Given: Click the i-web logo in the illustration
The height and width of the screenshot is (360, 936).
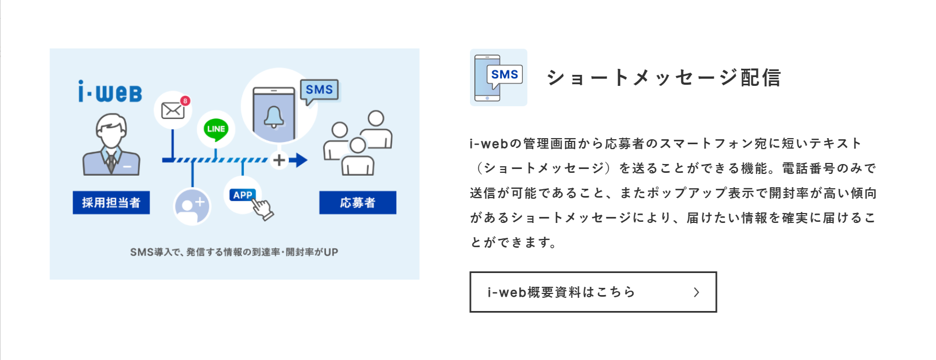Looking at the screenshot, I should tap(110, 92).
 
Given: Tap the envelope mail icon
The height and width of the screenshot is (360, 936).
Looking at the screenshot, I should tap(172, 110).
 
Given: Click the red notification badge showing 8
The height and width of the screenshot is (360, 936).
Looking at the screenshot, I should tap(185, 101).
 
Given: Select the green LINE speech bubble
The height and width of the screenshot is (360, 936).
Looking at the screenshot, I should tap(216, 129).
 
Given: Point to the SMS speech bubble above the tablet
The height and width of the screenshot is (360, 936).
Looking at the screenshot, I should tap(319, 90).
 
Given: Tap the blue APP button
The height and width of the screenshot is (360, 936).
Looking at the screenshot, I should tap(243, 195).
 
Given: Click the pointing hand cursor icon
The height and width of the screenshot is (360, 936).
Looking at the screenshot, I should tap(263, 209).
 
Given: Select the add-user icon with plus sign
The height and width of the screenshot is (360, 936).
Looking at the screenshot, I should tap(192, 206).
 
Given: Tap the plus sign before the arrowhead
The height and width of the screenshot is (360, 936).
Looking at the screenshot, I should tap(280, 160).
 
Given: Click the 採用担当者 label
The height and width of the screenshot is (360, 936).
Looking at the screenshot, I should tap(111, 203).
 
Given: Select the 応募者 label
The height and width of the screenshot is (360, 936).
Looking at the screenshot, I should tap(358, 203).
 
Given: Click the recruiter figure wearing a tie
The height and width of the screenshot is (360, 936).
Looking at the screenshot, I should tap(111, 145).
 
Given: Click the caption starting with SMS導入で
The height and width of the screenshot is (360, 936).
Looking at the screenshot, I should tap(234, 252).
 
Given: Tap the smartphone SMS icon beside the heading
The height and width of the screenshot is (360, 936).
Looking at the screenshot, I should tap(499, 78).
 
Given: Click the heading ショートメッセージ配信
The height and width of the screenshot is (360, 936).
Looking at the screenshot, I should tap(664, 78).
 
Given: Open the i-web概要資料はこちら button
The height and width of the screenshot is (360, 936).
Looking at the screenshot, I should tap(593, 292).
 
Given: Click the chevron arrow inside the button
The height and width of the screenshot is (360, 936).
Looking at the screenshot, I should tap(697, 292).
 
